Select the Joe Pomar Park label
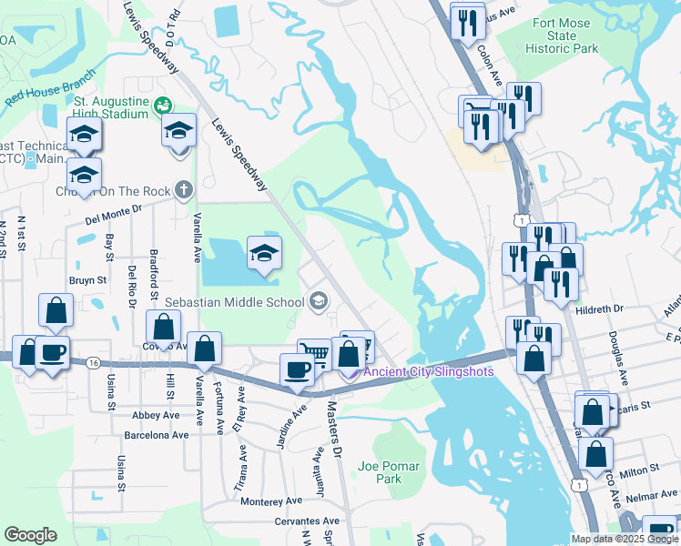click(x=389, y=472)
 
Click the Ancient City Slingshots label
click(x=429, y=371)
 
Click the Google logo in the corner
click(x=30, y=535)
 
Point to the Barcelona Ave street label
click(x=156, y=435)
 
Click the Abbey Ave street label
click(x=155, y=414)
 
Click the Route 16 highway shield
click(x=95, y=363)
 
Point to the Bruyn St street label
click(x=87, y=281)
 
